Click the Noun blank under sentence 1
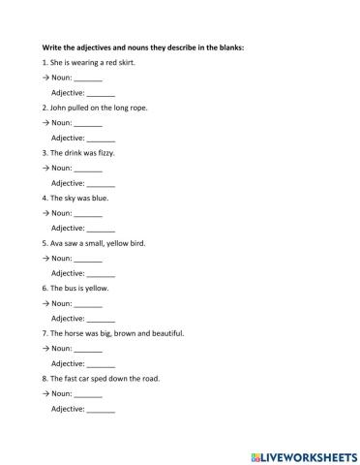[88, 78]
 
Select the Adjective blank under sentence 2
[101, 139]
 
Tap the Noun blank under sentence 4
[88, 213]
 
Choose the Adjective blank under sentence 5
[101, 273]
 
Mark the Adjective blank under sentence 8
[101, 409]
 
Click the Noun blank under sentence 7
[88, 349]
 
